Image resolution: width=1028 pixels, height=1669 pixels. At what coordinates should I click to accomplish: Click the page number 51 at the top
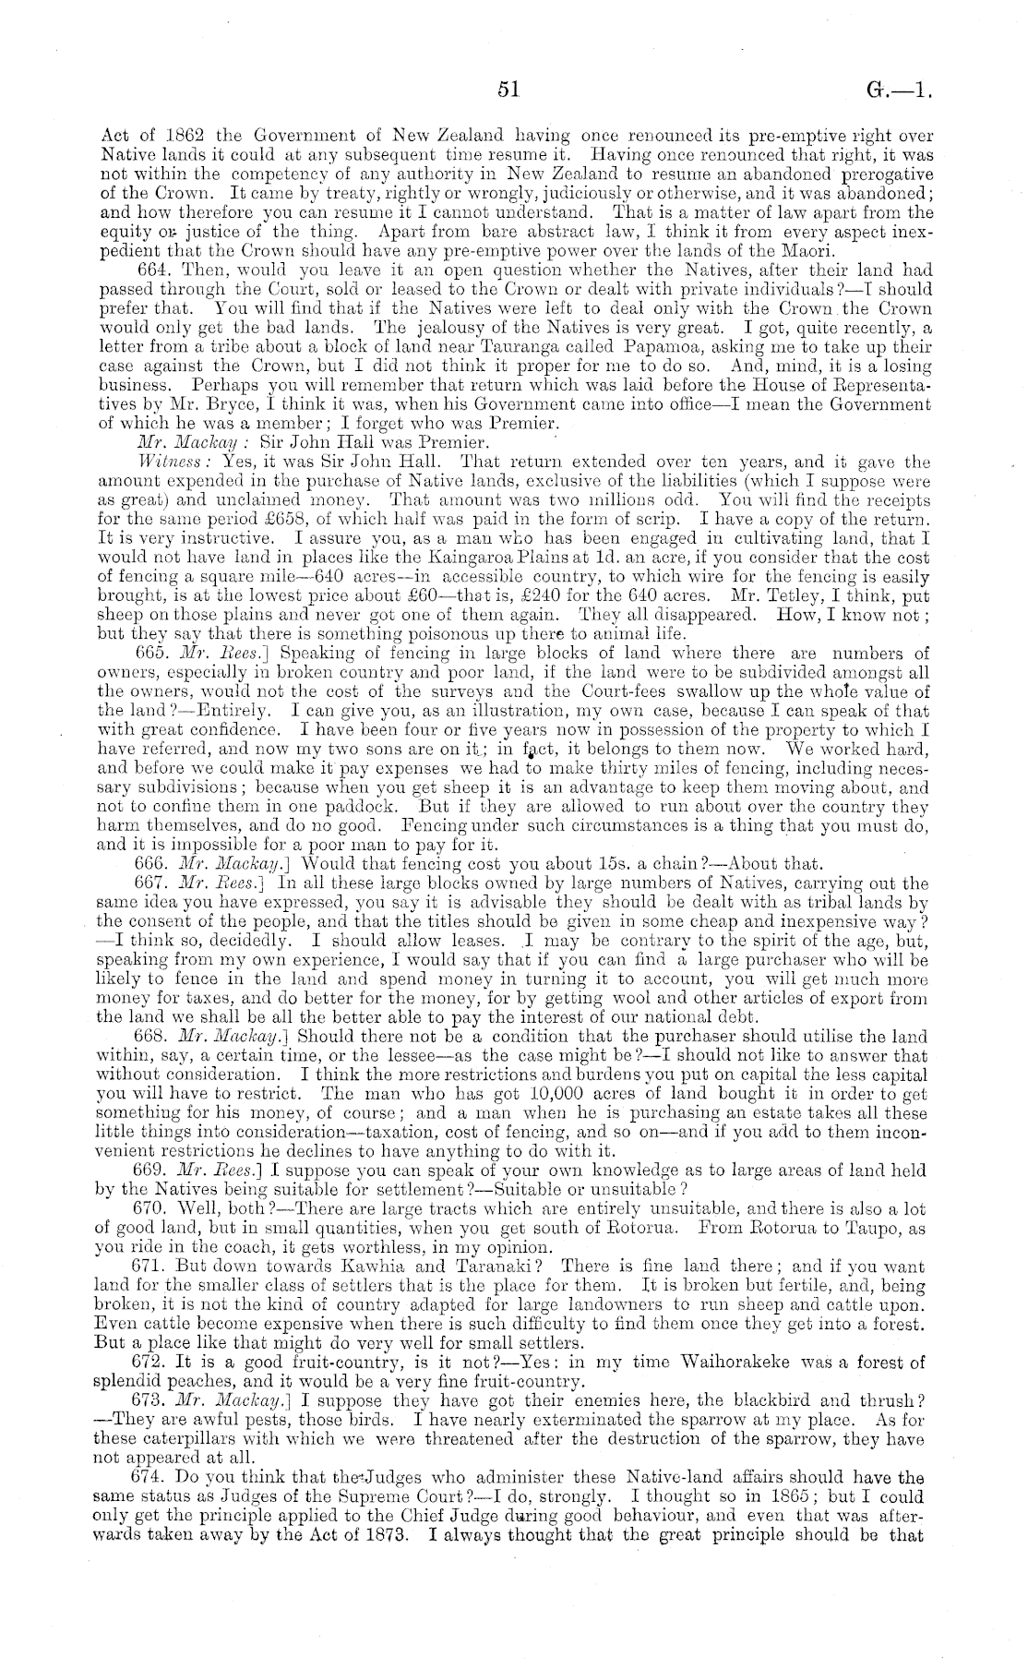coord(508,90)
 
